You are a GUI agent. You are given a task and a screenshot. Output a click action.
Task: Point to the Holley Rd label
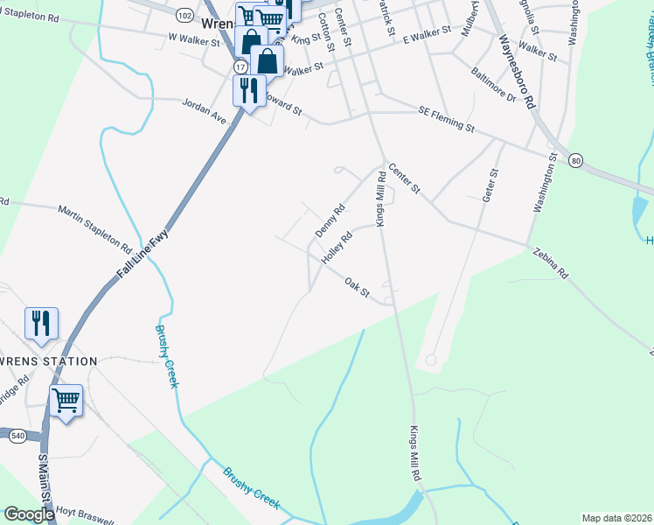coord(337,248)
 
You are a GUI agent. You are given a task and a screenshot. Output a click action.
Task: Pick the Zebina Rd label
coord(550,262)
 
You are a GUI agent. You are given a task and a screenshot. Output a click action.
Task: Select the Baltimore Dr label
coord(493,85)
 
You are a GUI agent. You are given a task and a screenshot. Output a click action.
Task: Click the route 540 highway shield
coord(17,435)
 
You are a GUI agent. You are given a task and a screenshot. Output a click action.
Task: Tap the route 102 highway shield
coord(184,16)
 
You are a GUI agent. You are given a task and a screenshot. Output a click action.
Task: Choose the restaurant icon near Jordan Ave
coord(248,90)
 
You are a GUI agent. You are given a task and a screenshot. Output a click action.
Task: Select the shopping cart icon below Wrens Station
coord(66,400)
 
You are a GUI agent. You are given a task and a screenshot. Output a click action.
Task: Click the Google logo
coord(29,514)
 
